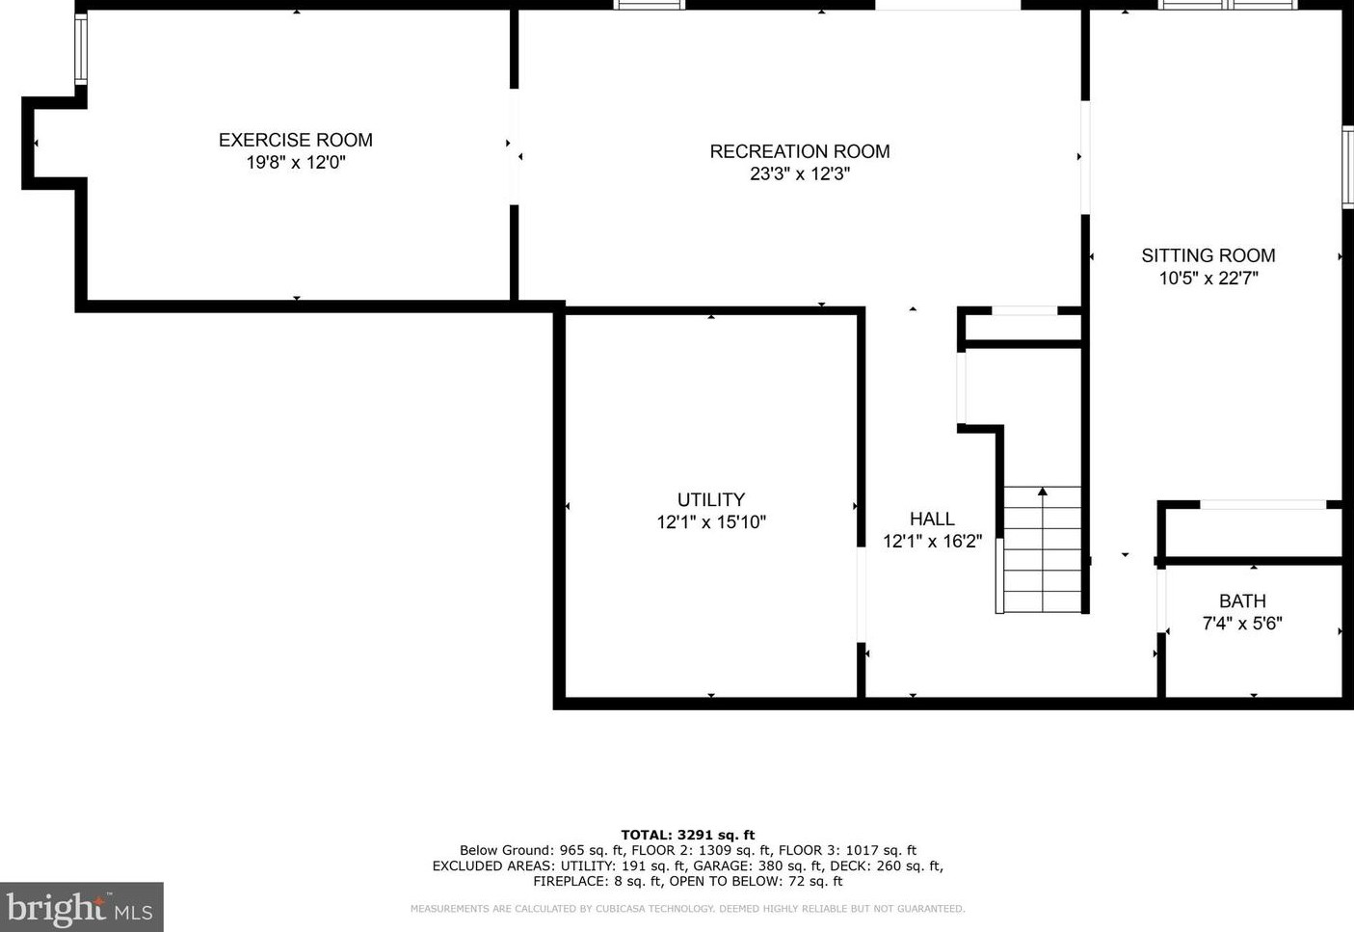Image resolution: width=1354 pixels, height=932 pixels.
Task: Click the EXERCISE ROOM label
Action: (295, 140)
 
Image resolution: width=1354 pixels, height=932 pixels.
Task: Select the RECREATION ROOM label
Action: (799, 151)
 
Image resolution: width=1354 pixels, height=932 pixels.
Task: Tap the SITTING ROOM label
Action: (1208, 255)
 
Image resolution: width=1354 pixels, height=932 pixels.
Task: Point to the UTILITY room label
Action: (710, 499)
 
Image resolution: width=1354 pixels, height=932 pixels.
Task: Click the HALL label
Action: (932, 519)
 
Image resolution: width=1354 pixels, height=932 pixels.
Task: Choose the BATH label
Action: (1242, 600)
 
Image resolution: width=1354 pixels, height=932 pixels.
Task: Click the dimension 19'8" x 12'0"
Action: (295, 163)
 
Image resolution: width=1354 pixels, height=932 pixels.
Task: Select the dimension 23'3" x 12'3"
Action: (799, 174)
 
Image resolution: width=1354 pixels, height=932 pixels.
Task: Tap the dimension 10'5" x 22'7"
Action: (1208, 279)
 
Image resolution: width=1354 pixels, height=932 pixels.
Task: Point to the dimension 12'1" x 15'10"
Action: (710, 522)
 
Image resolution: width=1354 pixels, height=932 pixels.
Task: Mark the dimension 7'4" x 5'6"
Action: (1242, 624)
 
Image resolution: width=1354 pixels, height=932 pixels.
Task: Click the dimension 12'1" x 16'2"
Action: (932, 542)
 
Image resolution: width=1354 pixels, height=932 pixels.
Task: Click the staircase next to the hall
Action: (1043, 554)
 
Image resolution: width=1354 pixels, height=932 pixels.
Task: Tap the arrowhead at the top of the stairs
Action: (1043, 492)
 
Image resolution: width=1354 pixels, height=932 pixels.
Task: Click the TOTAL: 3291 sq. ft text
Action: (687, 836)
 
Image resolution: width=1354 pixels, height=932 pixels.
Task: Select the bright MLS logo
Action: (81, 908)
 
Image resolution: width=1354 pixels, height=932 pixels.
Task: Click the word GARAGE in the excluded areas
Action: (721, 865)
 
